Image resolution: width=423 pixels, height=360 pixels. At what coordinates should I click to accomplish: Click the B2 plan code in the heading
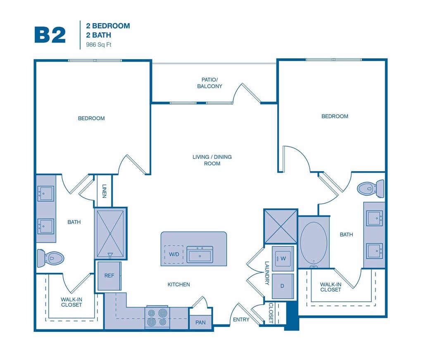click(50, 35)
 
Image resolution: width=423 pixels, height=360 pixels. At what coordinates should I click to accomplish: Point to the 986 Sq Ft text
click(99, 45)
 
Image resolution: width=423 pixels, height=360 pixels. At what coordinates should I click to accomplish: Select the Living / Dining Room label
click(212, 160)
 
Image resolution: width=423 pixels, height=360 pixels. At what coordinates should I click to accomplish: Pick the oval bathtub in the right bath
click(314, 243)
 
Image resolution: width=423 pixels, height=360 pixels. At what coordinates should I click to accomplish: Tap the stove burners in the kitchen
click(157, 317)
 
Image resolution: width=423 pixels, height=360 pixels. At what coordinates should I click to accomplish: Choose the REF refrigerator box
click(109, 276)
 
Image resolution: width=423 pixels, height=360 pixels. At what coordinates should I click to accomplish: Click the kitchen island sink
click(200, 255)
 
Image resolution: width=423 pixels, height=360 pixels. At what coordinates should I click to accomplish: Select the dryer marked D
click(283, 286)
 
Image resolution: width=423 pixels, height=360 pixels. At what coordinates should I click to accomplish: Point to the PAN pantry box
click(200, 322)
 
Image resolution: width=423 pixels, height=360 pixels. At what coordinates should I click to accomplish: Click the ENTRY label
click(241, 319)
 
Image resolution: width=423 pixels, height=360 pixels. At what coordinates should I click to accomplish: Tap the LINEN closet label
click(104, 191)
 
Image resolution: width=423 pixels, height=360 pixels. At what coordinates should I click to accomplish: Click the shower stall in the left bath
click(110, 234)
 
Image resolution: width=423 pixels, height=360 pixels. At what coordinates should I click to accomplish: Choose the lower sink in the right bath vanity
click(374, 250)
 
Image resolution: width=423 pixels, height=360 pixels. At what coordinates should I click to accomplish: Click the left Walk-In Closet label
click(71, 302)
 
